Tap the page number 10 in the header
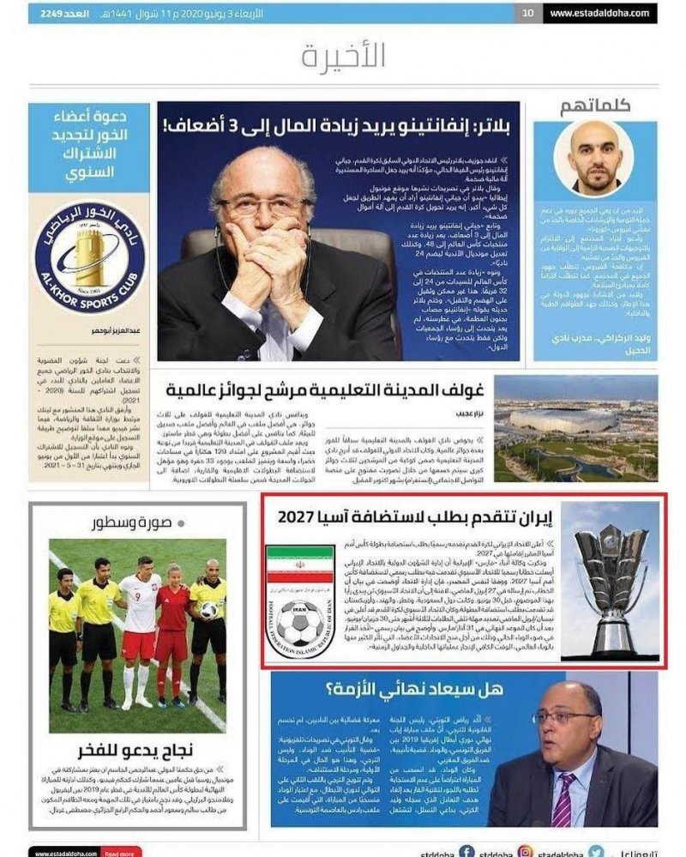528,13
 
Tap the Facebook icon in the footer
466,853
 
